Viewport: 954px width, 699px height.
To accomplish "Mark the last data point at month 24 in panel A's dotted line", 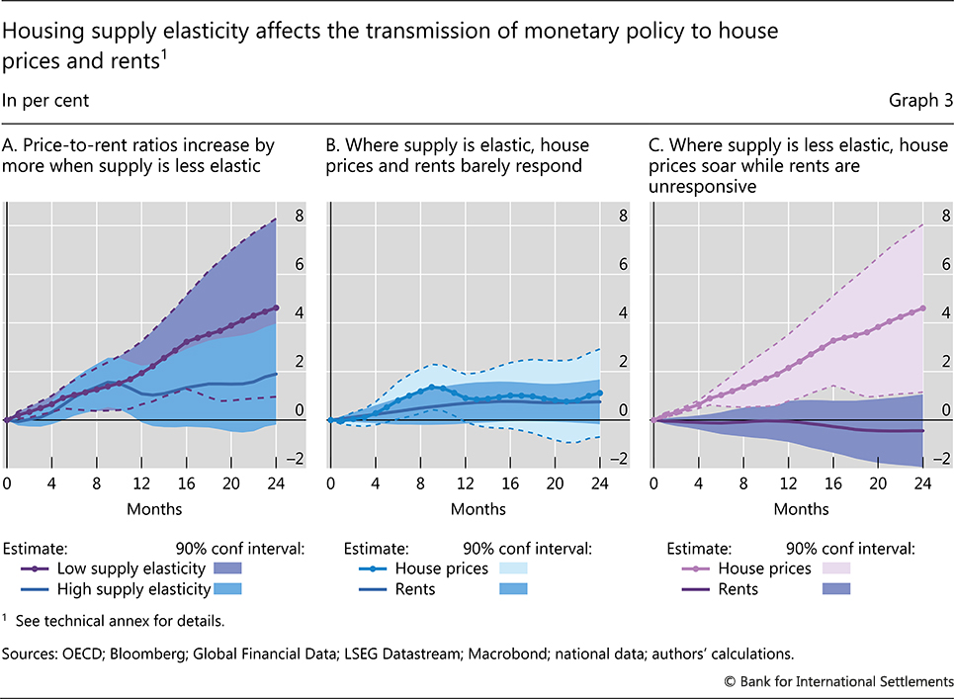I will click(276, 307).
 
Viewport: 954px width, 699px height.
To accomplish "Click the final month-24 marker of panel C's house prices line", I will click(922, 307).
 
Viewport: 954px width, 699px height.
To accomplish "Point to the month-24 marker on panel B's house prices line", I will click(599, 393).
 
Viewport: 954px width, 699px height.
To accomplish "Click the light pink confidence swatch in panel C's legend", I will click(836, 568).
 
